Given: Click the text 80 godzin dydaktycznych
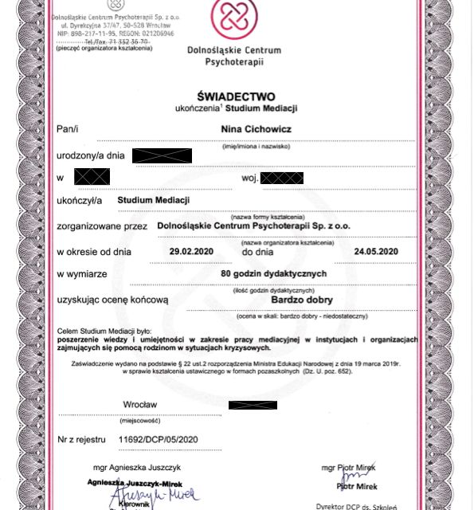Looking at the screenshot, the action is coord(274,273).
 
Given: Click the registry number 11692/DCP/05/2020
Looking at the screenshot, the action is coord(157,439).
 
